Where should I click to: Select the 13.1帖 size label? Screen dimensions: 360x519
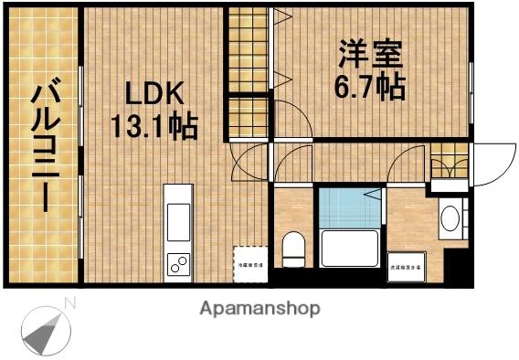tap(154, 125)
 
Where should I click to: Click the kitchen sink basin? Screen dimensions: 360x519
tap(177, 220)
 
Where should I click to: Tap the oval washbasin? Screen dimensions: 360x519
tap(450, 220)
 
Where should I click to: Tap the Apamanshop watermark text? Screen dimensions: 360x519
tap(259, 309)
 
